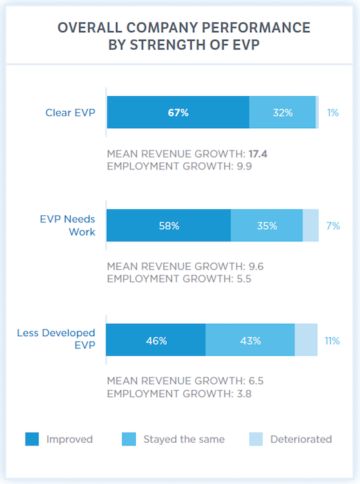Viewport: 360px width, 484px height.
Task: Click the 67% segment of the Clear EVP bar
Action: click(x=178, y=112)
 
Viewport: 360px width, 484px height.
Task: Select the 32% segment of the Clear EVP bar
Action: click(x=283, y=112)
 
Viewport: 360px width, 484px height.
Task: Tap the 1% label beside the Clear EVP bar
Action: click(x=333, y=112)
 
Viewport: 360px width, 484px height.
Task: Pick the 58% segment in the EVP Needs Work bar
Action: click(x=169, y=226)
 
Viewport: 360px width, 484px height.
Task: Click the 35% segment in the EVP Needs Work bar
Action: click(x=266, y=226)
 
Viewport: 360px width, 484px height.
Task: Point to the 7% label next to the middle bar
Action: click(x=333, y=226)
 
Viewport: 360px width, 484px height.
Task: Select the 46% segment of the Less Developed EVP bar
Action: click(x=156, y=339)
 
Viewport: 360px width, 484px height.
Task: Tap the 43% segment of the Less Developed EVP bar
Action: click(x=250, y=339)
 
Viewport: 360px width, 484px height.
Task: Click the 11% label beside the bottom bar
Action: click(x=333, y=341)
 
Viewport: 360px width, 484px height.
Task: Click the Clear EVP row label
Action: click(x=70, y=112)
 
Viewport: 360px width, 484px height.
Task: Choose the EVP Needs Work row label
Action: click(x=67, y=226)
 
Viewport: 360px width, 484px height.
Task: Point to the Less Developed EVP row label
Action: click(x=56, y=339)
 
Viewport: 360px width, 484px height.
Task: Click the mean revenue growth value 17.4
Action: click(x=258, y=154)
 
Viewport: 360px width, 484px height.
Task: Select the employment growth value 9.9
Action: click(x=244, y=166)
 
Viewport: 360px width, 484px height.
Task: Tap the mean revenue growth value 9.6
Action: click(x=256, y=266)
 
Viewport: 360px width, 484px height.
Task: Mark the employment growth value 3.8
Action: click(x=244, y=394)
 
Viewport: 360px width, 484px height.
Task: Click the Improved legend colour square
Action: click(x=32, y=439)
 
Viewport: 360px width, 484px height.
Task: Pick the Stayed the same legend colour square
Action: click(x=129, y=439)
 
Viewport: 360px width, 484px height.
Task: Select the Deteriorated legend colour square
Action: click(x=256, y=439)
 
